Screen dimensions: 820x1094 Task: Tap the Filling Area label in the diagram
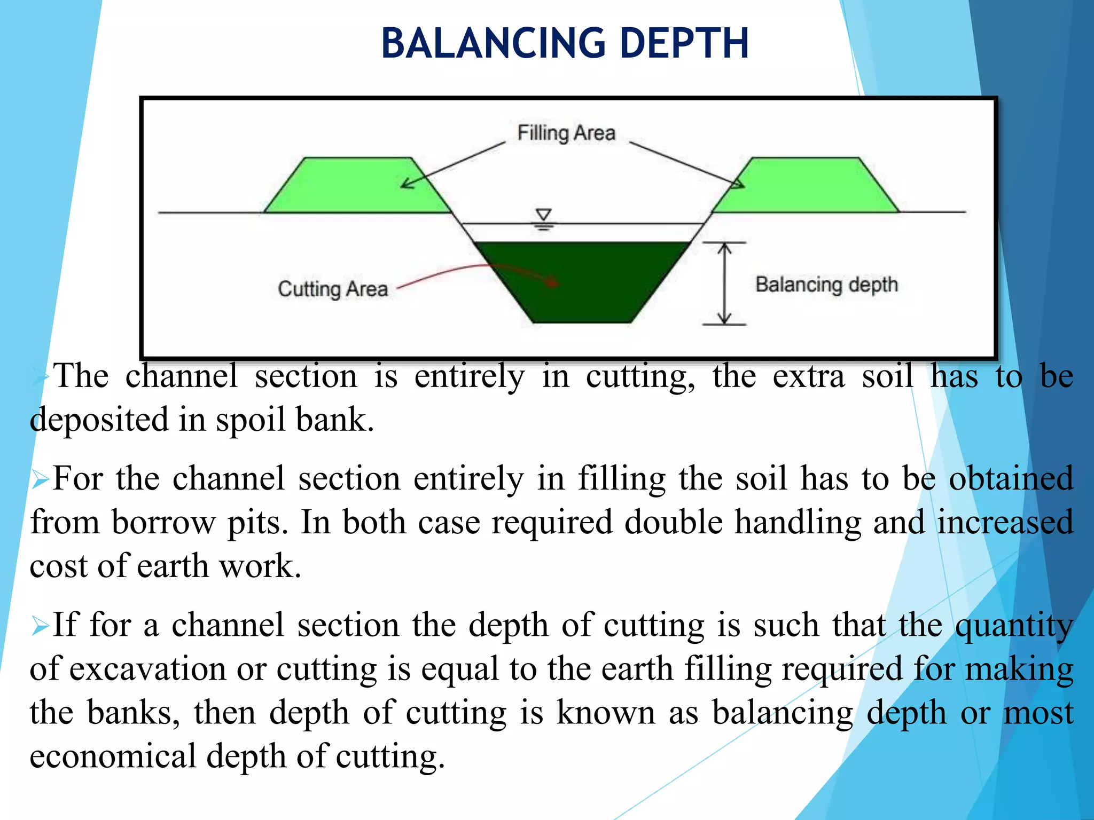click(566, 133)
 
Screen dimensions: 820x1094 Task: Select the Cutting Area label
click(332, 289)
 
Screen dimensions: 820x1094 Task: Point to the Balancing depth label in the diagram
click(826, 285)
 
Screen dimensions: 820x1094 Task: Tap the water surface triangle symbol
click(544, 215)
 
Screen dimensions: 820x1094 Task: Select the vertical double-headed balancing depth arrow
click(724, 283)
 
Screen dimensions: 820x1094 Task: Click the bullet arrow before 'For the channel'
click(40, 479)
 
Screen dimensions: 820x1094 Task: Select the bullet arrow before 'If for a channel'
click(40, 625)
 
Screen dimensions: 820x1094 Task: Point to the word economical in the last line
click(113, 756)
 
